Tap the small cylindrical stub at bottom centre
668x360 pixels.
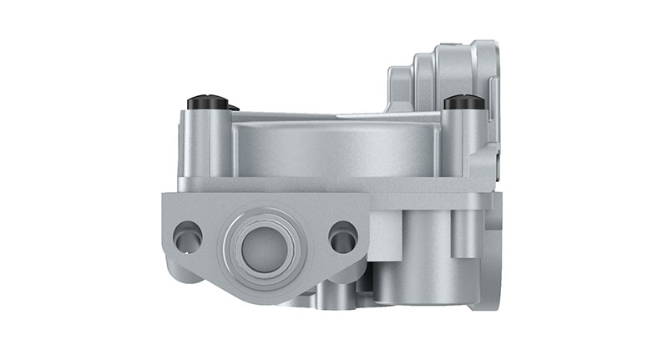330,294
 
